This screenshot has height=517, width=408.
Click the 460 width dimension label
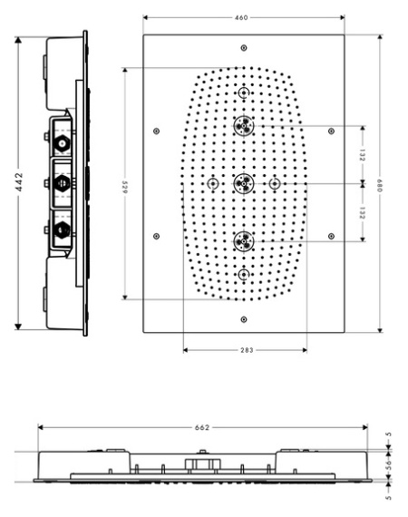click(241, 17)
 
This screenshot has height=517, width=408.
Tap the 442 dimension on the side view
click(19, 181)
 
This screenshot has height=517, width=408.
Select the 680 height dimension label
click(379, 186)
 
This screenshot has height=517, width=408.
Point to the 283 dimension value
click(247, 350)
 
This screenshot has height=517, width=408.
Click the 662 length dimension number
click(202, 427)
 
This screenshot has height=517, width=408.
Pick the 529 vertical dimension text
click(125, 187)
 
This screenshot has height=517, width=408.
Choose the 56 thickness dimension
click(389, 464)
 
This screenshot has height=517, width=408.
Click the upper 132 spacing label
click(362, 155)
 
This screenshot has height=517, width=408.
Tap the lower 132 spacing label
click(362, 212)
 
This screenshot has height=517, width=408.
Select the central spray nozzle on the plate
click(244, 183)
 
